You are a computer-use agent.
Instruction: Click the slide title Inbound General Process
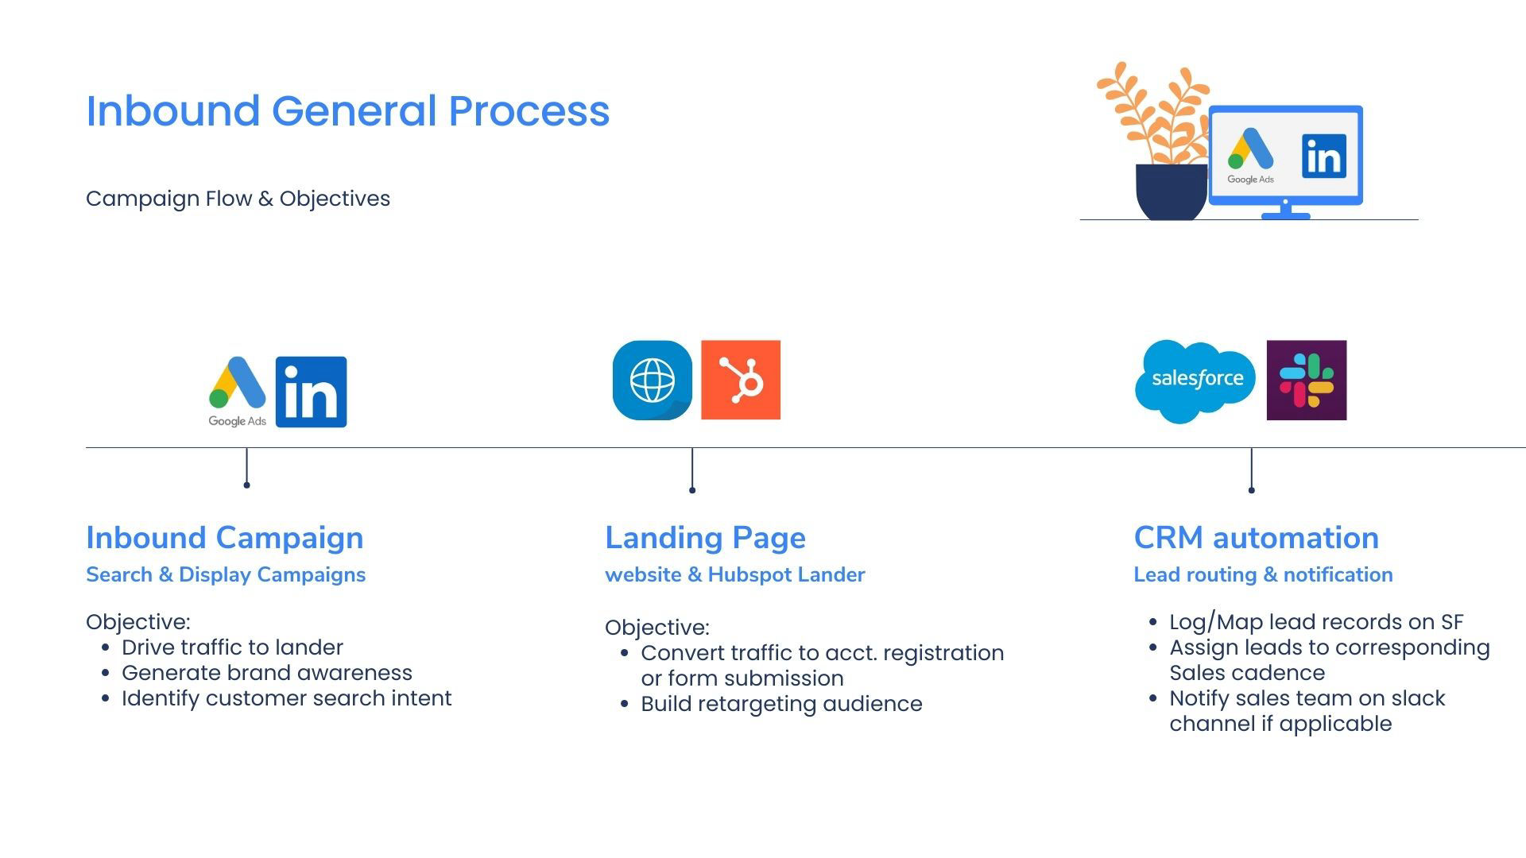pyautogui.click(x=347, y=110)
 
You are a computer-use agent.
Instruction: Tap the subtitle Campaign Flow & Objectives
pyautogui.click(x=238, y=199)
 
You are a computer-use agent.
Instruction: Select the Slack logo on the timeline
pyautogui.click(x=1306, y=381)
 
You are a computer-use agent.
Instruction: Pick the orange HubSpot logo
pyautogui.click(x=740, y=380)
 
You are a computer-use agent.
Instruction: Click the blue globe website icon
pyautogui.click(x=652, y=380)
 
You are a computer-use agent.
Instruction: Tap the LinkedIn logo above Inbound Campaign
pyautogui.click(x=311, y=392)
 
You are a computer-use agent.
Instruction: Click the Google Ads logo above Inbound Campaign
pyautogui.click(x=237, y=389)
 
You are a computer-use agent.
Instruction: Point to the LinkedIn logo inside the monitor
pyautogui.click(x=1323, y=156)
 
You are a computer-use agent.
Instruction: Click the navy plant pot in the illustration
pyautogui.click(x=1171, y=191)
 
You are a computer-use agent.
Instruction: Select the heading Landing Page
pyautogui.click(x=705, y=538)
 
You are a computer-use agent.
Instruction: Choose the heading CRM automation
pyautogui.click(x=1256, y=538)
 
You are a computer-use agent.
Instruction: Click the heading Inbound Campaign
pyautogui.click(x=224, y=538)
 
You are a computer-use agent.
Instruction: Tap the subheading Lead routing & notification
pyautogui.click(x=1263, y=574)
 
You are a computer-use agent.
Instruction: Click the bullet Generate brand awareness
pyautogui.click(x=266, y=673)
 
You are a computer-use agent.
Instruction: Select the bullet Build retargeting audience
pyautogui.click(x=780, y=704)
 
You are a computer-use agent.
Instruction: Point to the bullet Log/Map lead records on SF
pyautogui.click(x=1315, y=622)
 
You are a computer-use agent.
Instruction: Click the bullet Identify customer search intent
pyautogui.click(x=286, y=698)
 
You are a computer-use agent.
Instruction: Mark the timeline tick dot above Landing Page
pyautogui.click(x=692, y=490)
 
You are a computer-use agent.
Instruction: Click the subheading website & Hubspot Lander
pyautogui.click(x=734, y=574)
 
